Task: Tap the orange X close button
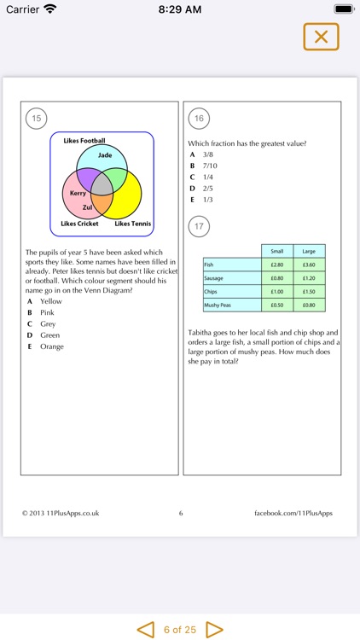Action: click(x=321, y=37)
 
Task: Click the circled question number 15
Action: click(x=36, y=119)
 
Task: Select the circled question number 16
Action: click(x=199, y=119)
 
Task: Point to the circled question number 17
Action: click(x=199, y=226)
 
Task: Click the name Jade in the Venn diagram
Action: click(x=105, y=155)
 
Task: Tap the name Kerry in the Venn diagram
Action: click(x=78, y=194)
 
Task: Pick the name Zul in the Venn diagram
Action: click(x=87, y=207)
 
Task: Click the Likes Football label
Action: click(x=84, y=140)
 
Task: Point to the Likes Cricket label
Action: click(x=79, y=224)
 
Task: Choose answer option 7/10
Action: click(x=209, y=166)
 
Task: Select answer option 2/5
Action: click(x=207, y=188)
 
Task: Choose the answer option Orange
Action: click(x=52, y=346)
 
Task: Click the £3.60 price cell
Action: click(x=309, y=265)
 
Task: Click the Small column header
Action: click(x=276, y=251)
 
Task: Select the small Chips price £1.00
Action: click(x=276, y=291)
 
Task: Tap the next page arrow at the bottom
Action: click(x=214, y=630)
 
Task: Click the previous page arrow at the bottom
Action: click(x=146, y=630)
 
